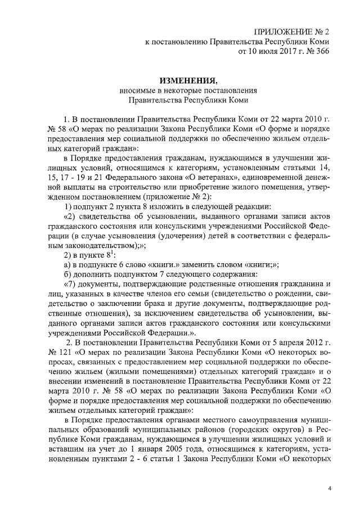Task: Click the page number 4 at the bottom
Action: [330, 487]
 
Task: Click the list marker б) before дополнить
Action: [67, 274]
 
